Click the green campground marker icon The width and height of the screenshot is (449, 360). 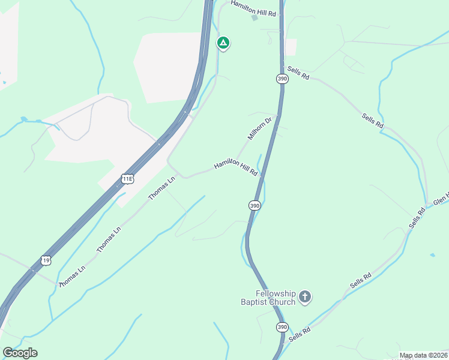[x=223, y=43]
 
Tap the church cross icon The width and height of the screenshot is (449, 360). [x=305, y=296]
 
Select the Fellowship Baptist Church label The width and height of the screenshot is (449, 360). [x=276, y=298]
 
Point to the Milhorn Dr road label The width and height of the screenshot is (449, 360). [x=260, y=128]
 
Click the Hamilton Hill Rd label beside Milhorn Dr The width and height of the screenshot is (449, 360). [x=236, y=167]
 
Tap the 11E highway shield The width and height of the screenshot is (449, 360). [x=127, y=178]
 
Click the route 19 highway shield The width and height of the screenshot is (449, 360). [x=46, y=260]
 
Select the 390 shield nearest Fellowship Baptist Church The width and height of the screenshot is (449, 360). [x=282, y=327]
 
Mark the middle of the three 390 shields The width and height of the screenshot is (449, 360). [x=255, y=205]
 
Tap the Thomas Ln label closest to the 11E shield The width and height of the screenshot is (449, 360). [x=162, y=188]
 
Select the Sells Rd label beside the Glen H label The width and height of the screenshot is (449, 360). [x=417, y=218]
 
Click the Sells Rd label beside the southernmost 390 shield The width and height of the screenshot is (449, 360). [x=299, y=334]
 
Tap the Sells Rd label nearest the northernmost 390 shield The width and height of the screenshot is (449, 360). [x=298, y=73]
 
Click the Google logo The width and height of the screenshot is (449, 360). [x=20, y=353]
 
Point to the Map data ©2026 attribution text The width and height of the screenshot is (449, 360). [x=423, y=355]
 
